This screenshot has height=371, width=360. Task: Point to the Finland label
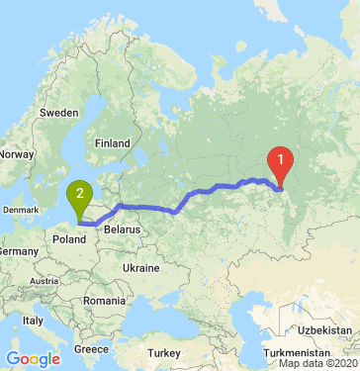click(x=112, y=143)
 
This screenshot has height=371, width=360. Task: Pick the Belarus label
click(x=125, y=229)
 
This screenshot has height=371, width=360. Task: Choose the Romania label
click(x=105, y=299)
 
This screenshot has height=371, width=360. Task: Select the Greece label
click(x=91, y=348)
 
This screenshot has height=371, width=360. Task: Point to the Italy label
click(x=35, y=321)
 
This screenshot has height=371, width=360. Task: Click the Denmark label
click(x=22, y=210)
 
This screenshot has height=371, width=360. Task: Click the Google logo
click(x=33, y=359)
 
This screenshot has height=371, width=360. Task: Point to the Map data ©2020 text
click(x=317, y=364)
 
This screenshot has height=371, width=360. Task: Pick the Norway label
click(x=16, y=153)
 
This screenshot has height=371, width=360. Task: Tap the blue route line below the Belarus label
click(x=148, y=209)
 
